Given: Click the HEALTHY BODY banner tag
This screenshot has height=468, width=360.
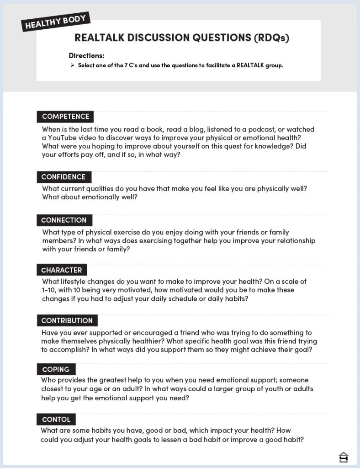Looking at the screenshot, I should click(56, 21).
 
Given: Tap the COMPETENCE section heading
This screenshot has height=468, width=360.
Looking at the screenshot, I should click(65, 117).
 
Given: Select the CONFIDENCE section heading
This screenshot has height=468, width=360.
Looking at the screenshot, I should click(64, 177).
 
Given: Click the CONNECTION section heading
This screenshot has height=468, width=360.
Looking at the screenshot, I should click(64, 220).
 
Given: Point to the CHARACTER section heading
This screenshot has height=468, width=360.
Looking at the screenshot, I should click(62, 270).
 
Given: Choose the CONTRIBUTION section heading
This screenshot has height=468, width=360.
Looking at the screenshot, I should click(67, 320).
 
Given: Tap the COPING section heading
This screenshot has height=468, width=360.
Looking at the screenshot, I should click(56, 369).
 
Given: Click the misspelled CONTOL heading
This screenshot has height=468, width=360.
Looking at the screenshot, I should click(56, 419).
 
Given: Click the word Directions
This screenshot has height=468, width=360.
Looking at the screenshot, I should click(87, 56).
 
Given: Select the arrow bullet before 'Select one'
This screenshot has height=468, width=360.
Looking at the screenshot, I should click(72, 65).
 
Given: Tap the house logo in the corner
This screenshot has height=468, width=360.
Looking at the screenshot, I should click(344, 457).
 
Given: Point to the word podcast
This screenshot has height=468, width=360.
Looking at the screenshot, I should click(256, 129).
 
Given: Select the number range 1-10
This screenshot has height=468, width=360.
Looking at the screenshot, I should click(48, 290).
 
